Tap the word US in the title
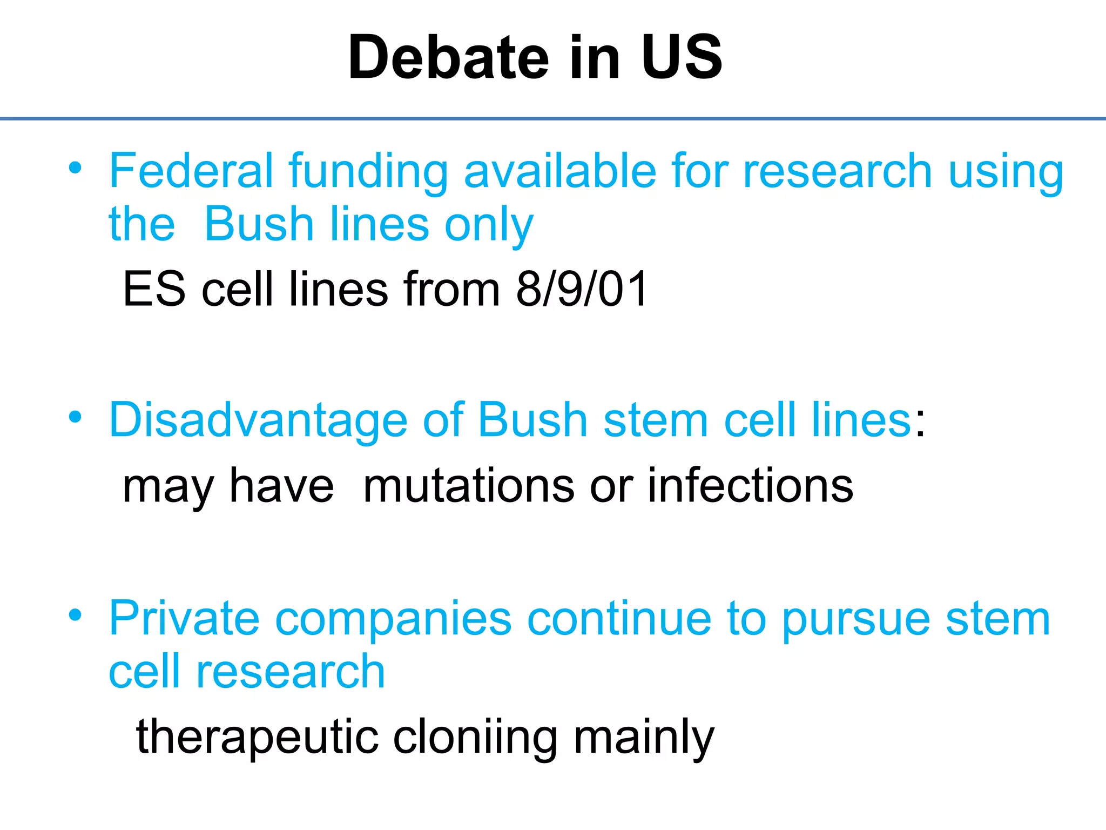point(682,57)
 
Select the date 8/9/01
point(582,290)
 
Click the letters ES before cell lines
point(154,290)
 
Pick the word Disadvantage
point(258,421)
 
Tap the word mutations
point(469,486)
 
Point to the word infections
point(750,486)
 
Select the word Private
point(184,619)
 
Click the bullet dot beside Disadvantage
point(75,417)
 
